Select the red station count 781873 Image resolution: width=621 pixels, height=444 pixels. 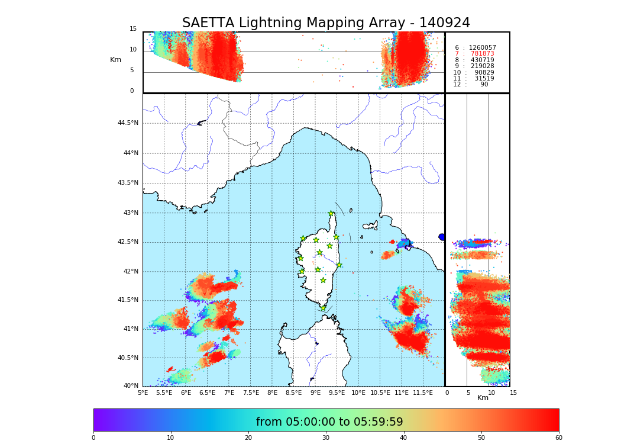coord(482,54)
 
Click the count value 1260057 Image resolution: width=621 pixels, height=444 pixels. coord(482,47)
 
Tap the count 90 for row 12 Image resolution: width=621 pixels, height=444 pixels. coord(484,85)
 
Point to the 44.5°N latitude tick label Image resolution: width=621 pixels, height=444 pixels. coord(128,123)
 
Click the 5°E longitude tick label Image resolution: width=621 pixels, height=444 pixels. coord(143,392)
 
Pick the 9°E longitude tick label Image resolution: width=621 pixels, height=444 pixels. coord(316,392)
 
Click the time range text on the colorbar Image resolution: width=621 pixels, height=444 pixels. coord(329,422)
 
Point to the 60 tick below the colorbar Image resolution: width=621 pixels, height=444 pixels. coord(558,438)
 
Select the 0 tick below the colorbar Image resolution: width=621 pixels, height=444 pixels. coord(93,438)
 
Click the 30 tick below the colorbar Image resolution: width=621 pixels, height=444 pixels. coord(326,438)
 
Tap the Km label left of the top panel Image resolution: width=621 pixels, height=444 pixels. coord(115,60)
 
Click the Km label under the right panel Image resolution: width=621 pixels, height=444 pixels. coord(483,398)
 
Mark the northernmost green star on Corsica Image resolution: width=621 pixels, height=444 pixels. coord(331,214)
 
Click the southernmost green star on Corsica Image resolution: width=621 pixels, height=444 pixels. coord(323,308)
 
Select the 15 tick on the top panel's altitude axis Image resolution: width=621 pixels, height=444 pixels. coord(133,29)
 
